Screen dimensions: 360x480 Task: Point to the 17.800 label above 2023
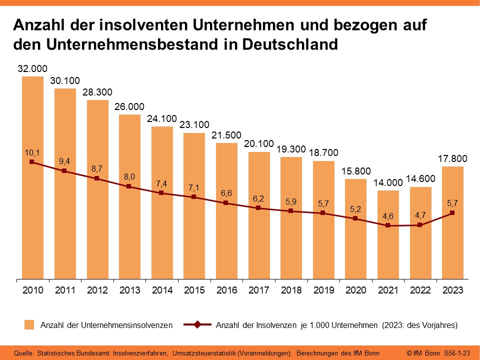point(452,159)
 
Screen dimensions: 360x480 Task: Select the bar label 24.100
point(162,119)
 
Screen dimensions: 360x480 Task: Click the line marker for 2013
point(129,186)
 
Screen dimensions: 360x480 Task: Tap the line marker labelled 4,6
point(388,225)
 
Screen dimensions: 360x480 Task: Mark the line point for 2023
point(452,213)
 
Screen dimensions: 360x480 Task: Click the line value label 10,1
point(32,152)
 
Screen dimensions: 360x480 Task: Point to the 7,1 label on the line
point(194,187)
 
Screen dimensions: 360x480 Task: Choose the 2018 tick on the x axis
point(291,290)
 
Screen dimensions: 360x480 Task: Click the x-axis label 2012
point(97,290)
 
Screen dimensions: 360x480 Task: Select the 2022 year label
point(420,290)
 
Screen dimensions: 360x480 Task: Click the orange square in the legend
point(29,325)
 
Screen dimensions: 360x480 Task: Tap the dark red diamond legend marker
point(197,325)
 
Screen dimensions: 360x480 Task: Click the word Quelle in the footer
point(24,353)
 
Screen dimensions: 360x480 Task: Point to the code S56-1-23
point(457,353)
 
